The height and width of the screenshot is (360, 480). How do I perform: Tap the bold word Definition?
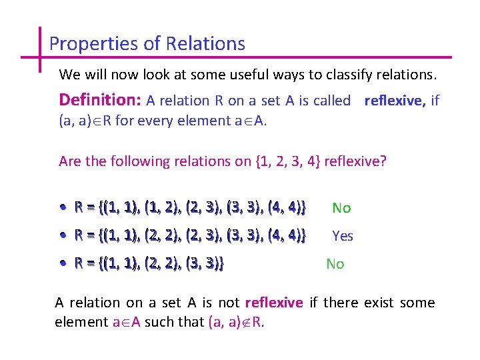pyautogui.click(x=100, y=100)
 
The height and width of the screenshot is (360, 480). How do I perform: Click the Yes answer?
pyautogui.click(x=343, y=236)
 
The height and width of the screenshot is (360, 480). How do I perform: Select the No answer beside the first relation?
pyautogui.click(x=341, y=208)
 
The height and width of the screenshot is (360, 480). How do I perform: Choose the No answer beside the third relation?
pyautogui.click(x=335, y=264)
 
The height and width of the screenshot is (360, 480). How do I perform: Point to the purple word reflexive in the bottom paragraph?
pyautogui.click(x=273, y=303)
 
